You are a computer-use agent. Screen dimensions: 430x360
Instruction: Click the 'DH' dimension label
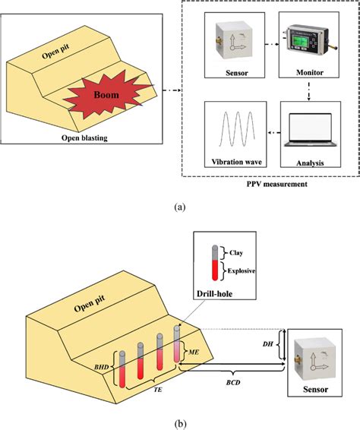tap(269, 344)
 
